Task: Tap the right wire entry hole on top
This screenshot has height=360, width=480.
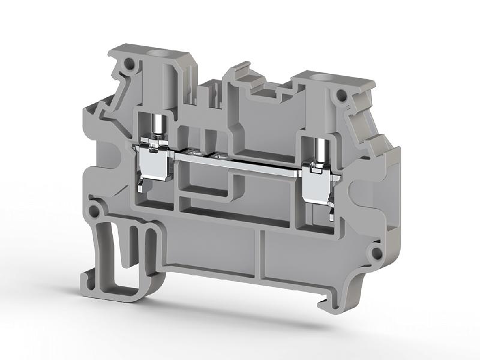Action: point(317,77)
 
